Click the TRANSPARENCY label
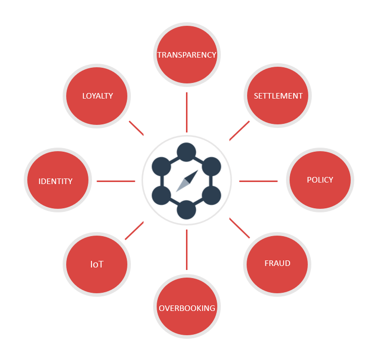(x=186, y=55)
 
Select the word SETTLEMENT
(x=278, y=96)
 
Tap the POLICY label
(x=320, y=180)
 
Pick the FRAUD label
(x=277, y=263)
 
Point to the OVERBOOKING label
(x=187, y=308)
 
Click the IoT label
(x=97, y=264)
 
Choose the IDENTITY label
(x=56, y=182)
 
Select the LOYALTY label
(x=98, y=96)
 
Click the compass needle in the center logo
(x=187, y=181)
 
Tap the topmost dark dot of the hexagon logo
(x=186, y=152)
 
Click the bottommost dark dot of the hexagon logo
(x=186, y=210)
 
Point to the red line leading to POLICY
(x=258, y=181)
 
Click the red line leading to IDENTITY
(x=116, y=181)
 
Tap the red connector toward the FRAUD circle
(x=240, y=228)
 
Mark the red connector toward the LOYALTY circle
(x=136, y=128)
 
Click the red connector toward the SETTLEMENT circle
(x=240, y=130)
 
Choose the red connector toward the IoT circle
(x=134, y=230)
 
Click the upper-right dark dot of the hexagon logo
(x=211, y=166)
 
